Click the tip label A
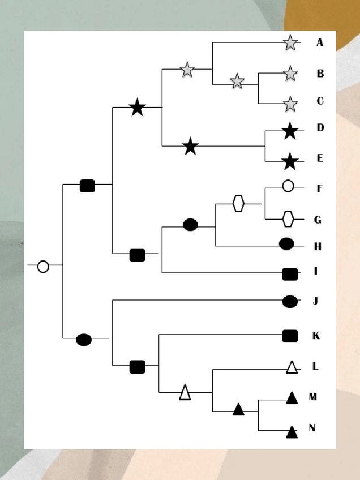click(320, 42)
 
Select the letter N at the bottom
click(312, 428)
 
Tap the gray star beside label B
click(290, 73)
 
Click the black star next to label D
click(290, 131)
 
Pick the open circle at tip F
click(288, 186)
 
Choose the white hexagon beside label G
click(288, 218)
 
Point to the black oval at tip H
click(286, 244)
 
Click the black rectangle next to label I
click(290, 274)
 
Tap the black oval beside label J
click(290, 302)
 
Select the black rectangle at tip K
click(290, 336)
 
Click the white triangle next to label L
click(292, 367)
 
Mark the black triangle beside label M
click(292, 398)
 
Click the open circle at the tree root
click(43, 266)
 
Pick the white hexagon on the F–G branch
click(238, 203)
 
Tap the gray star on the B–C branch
click(237, 82)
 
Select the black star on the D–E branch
click(191, 147)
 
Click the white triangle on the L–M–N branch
click(185, 392)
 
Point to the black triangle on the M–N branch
click(238, 409)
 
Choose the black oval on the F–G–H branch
click(190, 225)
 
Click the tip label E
click(320, 158)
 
